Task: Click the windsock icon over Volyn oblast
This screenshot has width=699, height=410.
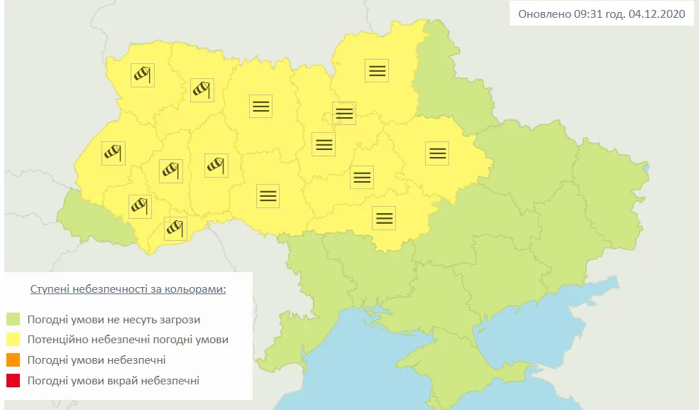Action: click(143, 75)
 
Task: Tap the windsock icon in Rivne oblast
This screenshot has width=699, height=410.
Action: click(202, 90)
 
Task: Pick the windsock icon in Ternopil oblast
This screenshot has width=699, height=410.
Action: click(170, 171)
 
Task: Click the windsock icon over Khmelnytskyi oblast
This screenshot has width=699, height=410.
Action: click(216, 165)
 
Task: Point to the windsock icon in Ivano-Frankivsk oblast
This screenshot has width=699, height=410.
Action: click(140, 206)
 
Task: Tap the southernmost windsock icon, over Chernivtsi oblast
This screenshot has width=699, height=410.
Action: click(175, 228)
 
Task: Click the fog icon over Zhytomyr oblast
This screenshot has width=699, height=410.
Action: click(260, 106)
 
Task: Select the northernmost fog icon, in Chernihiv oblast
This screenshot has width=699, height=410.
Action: click(377, 70)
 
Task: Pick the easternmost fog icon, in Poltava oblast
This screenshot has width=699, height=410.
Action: click(437, 153)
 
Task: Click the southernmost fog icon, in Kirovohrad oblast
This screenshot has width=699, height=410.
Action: click(384, 217)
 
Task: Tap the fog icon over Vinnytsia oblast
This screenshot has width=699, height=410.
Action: click(268, 195)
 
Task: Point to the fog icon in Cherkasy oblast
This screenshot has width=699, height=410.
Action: click(361, 177)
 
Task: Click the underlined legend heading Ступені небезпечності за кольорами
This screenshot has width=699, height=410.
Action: click(128, 290)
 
